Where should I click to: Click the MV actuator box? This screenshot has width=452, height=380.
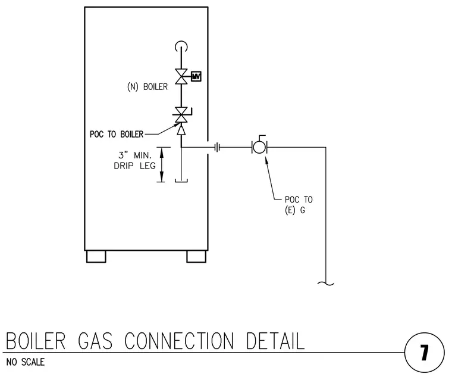(x=196, y=76)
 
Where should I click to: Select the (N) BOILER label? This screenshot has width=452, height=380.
(x=147, y=86)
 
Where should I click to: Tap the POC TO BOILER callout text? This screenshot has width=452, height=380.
(x=117, y=134)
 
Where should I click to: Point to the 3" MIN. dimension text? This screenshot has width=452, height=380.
(x=135, y=155)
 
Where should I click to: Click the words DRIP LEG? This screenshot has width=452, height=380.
(x=134, y=166)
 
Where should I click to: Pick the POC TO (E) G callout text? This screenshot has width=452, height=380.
(x=299, y=205)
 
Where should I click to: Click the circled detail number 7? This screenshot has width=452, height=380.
(x=424, y=353)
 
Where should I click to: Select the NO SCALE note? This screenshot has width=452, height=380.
(x=26, y=362)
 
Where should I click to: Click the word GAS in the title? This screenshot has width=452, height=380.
(x=95, y=341)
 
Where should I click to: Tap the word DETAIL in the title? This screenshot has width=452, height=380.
(x=275, y=341)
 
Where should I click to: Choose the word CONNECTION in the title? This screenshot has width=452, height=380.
(x=179, y=341)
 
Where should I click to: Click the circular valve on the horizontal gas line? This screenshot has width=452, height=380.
(x=259, y=147)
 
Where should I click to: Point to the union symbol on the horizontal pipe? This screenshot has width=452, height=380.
(x=217, y=148)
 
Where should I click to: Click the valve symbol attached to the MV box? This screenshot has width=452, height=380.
(x=181, y=76)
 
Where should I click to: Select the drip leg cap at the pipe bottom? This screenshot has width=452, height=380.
(x=181, y=180)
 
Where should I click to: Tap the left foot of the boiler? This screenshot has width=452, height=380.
(x=96, y=257)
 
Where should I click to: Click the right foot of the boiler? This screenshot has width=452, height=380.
(x=196, y=257)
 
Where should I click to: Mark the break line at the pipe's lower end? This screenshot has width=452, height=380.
(x=326, y=284)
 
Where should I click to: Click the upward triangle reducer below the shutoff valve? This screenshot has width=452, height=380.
(x=181, y=130)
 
